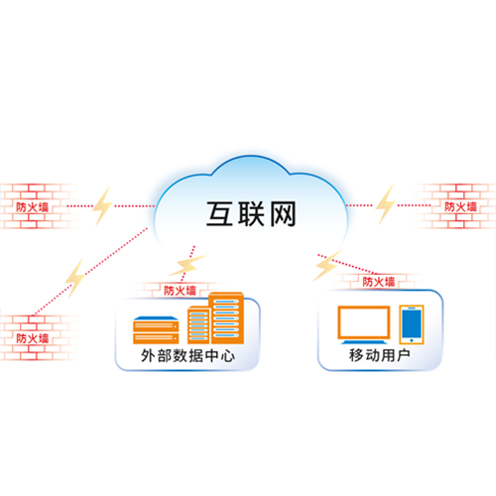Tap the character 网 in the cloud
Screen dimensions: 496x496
click(283, 214)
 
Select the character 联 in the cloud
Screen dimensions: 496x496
click(251, 214)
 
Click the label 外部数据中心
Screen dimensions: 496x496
click(187, 356)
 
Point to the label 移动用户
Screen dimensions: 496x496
click(380, 355)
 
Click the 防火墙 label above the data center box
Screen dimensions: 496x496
click(180, 291)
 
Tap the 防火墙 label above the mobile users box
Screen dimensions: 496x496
click(379, 282)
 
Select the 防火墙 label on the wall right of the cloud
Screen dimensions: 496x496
click(460, 207)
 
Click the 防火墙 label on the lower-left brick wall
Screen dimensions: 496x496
click(33, 338)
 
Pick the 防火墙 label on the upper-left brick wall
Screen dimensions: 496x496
click(33, 207)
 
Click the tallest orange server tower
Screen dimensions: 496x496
click(226, 317)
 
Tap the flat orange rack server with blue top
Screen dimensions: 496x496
click(156, 330)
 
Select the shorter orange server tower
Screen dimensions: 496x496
click(198, 325)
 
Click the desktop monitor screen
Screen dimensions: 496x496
click(363, 322)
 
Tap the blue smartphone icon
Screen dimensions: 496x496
click(412, 324)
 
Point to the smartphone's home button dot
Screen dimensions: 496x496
click(412, 340)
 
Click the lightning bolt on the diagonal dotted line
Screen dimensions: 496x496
click(75, 278)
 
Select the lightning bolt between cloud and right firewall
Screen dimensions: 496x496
click(386, 204)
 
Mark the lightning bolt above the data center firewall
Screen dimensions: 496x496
click(187, 265)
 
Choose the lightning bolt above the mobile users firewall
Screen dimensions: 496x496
click(326, 265)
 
